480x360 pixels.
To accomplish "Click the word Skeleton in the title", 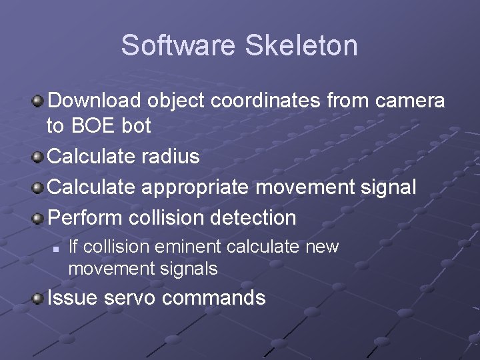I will coord(301,45).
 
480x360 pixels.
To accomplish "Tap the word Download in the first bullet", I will coord(95,101).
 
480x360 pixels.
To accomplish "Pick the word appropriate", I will coord(197,187).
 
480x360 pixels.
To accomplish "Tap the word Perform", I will coord(87,217).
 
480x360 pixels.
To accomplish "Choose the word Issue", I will coord(73,297).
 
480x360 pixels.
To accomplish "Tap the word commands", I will coord(213,297).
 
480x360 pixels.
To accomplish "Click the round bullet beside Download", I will coord(39,101).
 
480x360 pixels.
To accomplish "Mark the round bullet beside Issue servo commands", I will coord(39,298).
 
